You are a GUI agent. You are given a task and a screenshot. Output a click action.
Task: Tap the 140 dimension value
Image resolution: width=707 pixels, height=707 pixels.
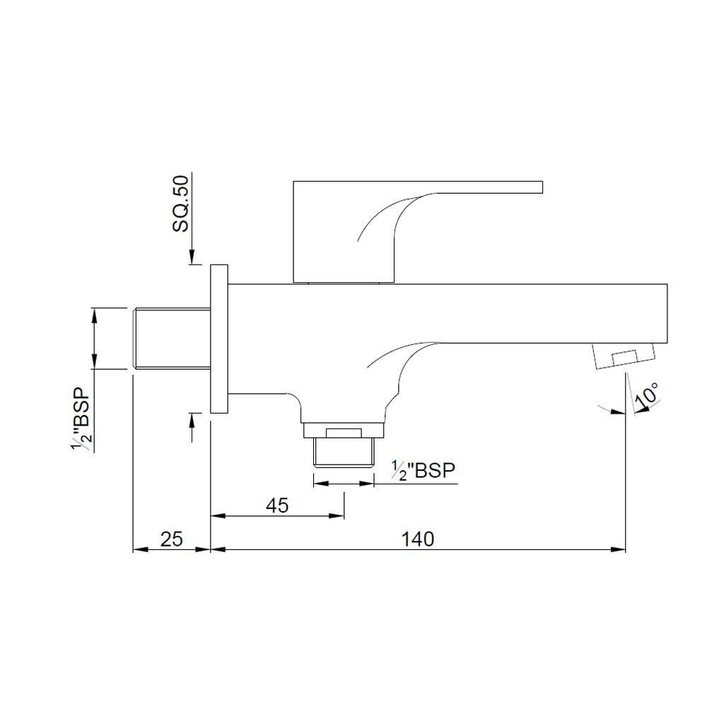418,539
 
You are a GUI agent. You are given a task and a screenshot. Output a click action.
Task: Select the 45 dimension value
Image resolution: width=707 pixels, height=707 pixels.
277,506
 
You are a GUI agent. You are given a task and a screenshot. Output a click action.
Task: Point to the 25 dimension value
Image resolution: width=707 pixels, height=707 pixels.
172,539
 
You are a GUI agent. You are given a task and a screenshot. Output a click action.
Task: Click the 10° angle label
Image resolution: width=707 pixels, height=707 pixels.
646,394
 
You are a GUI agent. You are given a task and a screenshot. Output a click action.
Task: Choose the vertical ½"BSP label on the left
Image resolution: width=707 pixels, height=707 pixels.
81,419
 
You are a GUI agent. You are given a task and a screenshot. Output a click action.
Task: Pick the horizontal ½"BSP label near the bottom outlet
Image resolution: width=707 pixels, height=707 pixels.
423,471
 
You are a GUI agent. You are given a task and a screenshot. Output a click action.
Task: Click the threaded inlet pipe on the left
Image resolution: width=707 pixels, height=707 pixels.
173,339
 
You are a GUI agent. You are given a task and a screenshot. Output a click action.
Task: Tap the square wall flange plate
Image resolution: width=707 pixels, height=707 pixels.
219,339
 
